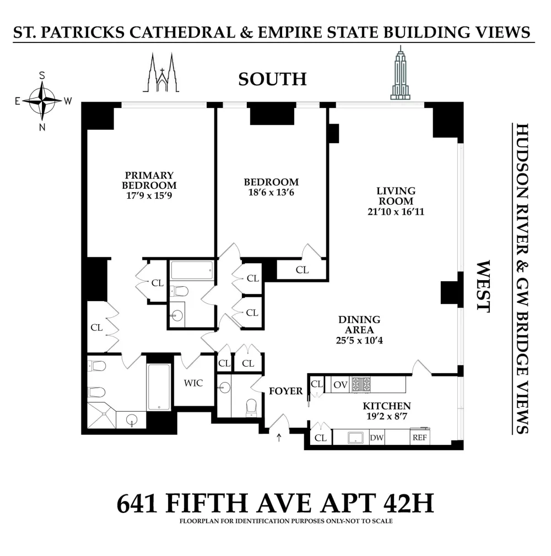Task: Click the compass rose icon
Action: [x=42, y=101]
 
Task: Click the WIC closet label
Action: [x=193, y=383]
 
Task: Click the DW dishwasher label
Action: [x=377, y=438]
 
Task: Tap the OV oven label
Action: [x=341, y=385]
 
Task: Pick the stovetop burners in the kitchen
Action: [x=361, y=384]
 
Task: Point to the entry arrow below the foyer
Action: [x=279, y=438]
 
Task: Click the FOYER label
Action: [x=286, y=391]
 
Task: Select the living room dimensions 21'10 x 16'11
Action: [x=396, y=212]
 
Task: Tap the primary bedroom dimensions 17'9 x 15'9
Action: [x=149, y=196]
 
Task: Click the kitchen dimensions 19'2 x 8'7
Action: [x=387, y=416]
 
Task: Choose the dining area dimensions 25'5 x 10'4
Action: [x=359, y=340]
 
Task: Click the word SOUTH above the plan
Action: [x=272, y=79]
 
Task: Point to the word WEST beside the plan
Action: [x=483, y=286]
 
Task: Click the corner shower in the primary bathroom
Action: [x=102, y=415]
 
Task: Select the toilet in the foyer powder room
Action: [x=251, y=407]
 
